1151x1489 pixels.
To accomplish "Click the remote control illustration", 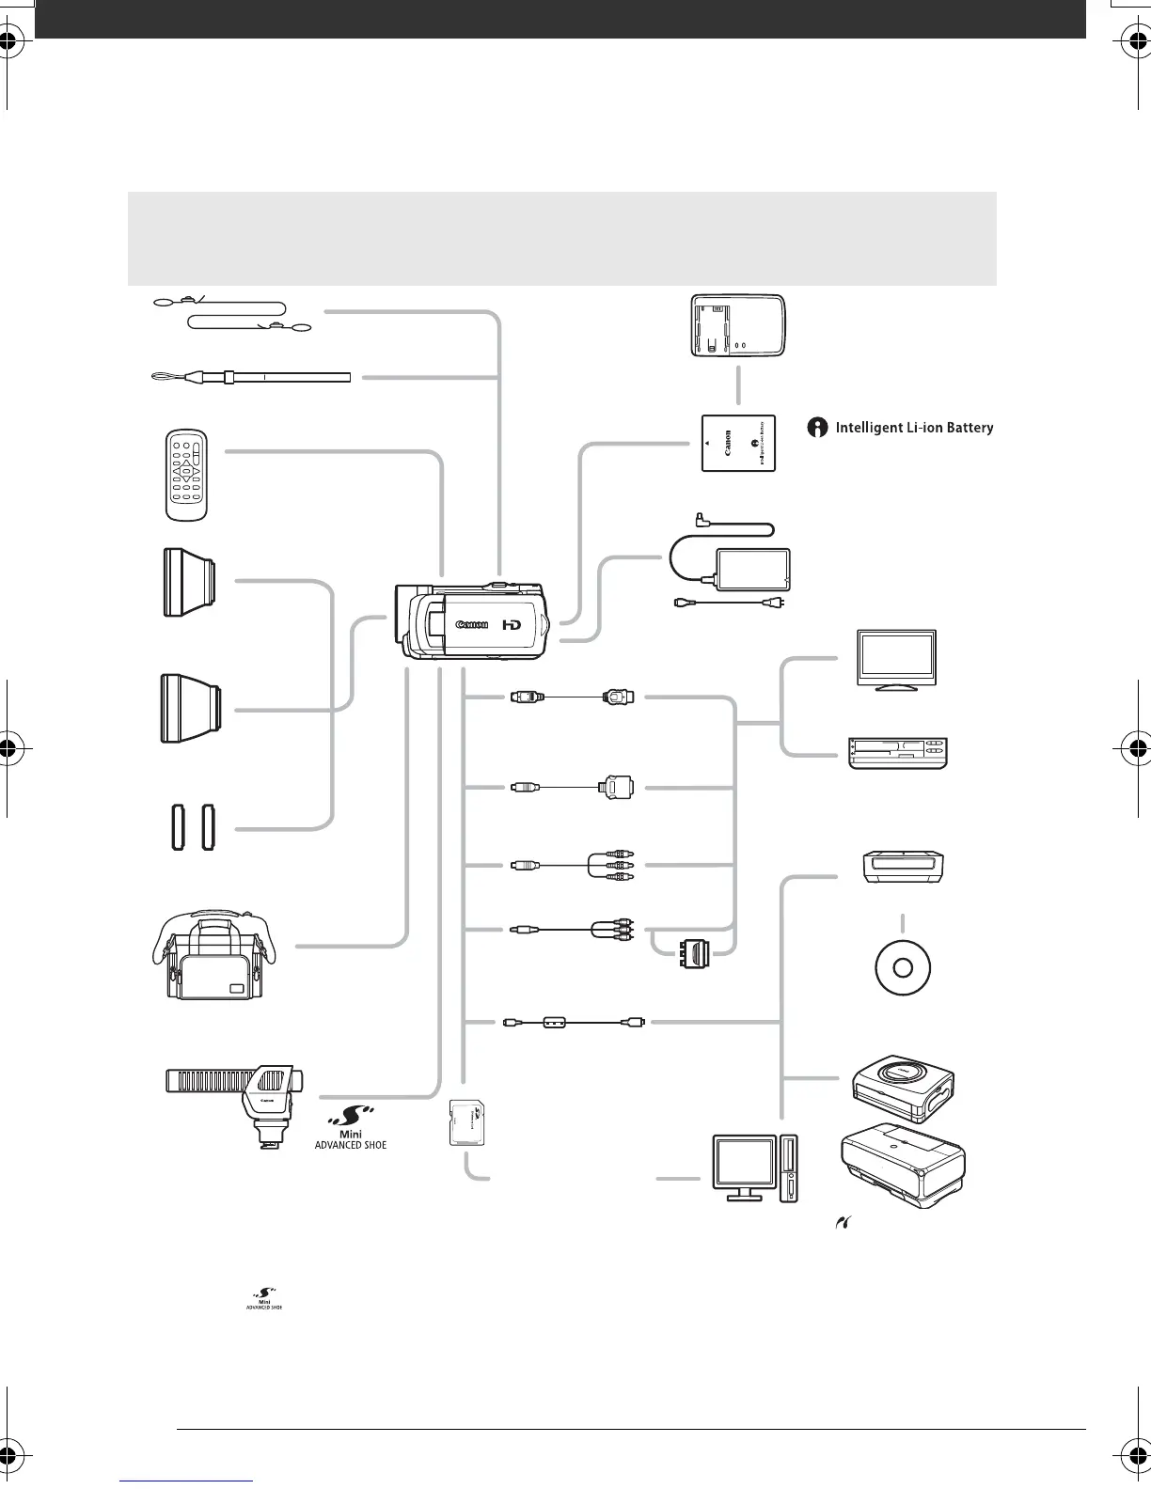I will click(186, 474).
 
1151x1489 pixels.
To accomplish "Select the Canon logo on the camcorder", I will click(472, 624).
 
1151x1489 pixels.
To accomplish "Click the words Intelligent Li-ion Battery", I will click(914, 428).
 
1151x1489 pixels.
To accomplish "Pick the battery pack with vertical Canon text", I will click(738, 443).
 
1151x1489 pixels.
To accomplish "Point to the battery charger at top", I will click(737, 325).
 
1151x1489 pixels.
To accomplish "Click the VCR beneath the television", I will click(897, 754).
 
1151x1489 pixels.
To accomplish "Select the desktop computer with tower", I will click(755, 1168).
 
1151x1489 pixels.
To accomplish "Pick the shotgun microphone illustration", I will click(236, 1100).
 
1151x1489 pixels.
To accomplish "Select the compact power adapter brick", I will click(752, 570).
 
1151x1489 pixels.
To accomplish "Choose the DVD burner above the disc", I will click(904, 866).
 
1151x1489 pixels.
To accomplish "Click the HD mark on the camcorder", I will click(512, 624).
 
